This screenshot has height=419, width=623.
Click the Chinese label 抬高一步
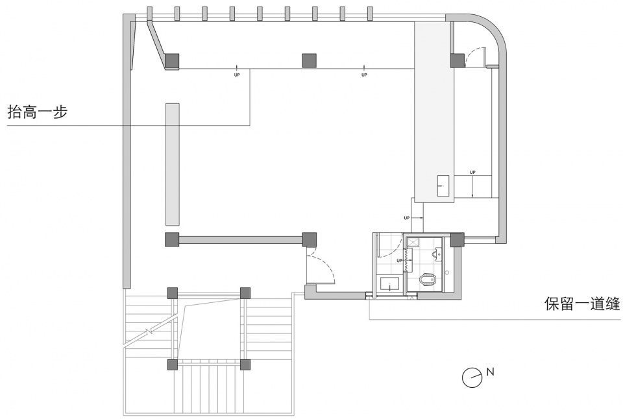pyautogui.click(x=38, y=112)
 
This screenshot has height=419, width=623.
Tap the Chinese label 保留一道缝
pyautogui.click(x=582, y=304)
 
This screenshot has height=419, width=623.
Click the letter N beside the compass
pyautogui.click(x=491, y=372)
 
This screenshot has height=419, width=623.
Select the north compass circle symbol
pyautogui.click(x=472, y=376)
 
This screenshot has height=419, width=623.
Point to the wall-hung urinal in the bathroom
pyautogui.click(x=437, y=254)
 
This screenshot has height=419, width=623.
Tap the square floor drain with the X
pyautogui.click(x=413, y=241)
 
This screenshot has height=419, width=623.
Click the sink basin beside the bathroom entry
pyautogui.click(x=390, y=284)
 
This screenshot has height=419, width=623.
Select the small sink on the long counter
pyautogui.click(x=444, y=186)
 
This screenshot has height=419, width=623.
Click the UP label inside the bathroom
pyautogui.click(x=400, y=261)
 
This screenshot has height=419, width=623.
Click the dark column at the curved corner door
pyautogui.click(x=458, y=61)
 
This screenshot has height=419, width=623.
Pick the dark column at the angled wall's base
pyautogui.click(x=172, y=61)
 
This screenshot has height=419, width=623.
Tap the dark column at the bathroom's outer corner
pyautogui.click(x=457, y=239)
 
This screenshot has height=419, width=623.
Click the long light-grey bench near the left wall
pyautogui.click(x=173, y=165)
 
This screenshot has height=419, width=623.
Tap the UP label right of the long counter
pyautogui.click(x=472, y=173)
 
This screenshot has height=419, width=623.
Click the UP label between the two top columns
pyautogui.click(x=237, y=75)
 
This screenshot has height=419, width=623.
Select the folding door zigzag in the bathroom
pyautogui.click(x=407, y=260)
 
